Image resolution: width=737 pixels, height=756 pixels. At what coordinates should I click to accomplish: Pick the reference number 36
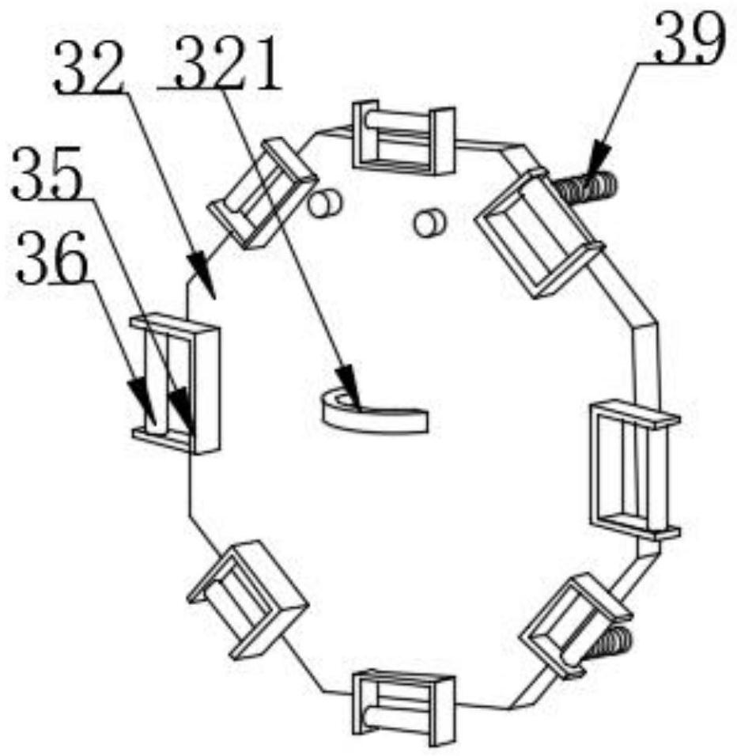click(x=52, y=257)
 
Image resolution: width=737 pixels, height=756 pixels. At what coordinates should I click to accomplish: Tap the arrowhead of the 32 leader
click(x=202, y=272)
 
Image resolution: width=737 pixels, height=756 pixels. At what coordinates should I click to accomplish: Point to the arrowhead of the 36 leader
click(x=143, y=400)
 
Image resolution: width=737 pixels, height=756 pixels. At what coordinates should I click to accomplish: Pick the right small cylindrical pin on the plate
click(x=430, y=221)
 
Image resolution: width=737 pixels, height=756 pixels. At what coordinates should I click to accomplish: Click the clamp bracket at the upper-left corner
click(x=263, y=193)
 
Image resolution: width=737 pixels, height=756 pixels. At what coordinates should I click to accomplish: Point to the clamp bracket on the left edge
click(x=176, y=384)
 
